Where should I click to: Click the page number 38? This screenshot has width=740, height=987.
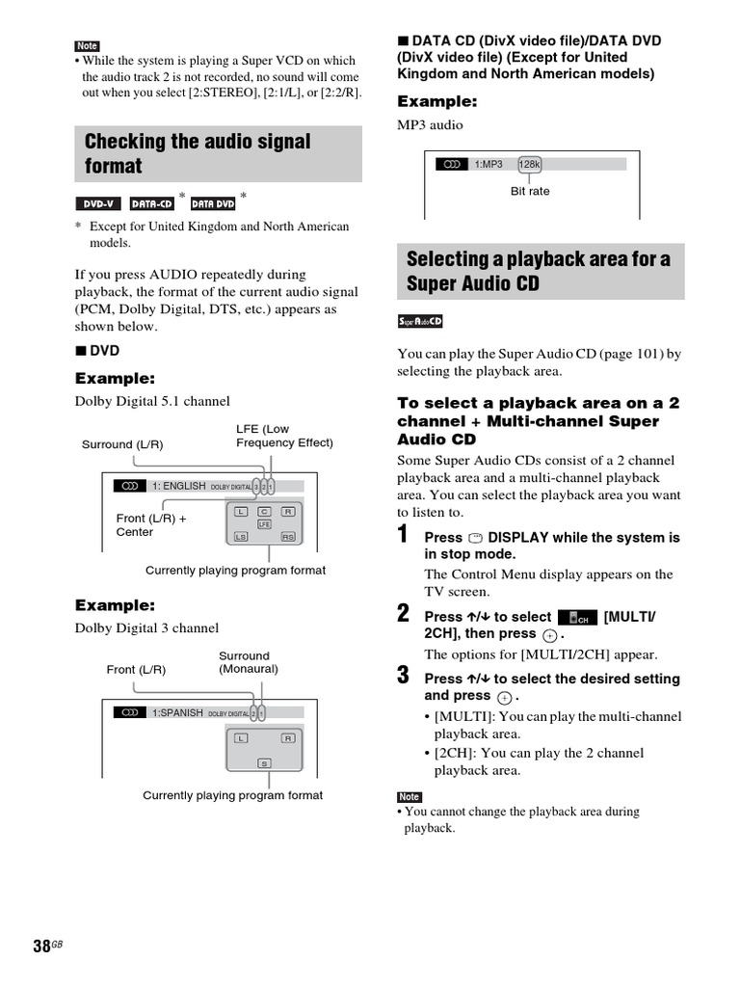point(40,946)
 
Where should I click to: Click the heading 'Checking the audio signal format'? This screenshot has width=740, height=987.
point(198,153)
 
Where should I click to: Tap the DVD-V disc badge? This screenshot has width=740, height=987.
point(98,202)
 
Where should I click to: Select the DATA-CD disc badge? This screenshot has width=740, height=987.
point(152,202)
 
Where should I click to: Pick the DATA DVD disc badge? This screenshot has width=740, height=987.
point(213,202)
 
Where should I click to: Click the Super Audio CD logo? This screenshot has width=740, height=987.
point(420,321)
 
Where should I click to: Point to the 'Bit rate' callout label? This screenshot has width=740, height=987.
point(530,191)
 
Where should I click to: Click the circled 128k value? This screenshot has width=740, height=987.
point(529,165)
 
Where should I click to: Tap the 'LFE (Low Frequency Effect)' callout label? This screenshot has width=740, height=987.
point(284,436)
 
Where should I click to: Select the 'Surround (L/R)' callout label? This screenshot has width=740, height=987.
point(122,444)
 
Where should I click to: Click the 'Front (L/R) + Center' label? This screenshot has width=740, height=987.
point(151,525)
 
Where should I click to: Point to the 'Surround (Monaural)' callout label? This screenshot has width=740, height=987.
point(249,662)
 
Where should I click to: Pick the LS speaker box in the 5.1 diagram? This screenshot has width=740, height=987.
point(241,537)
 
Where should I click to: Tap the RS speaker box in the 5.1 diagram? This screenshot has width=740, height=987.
point(287,537)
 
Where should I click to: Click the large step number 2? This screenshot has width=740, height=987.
point(405,614)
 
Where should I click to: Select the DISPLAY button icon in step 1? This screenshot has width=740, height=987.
point(475,538)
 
